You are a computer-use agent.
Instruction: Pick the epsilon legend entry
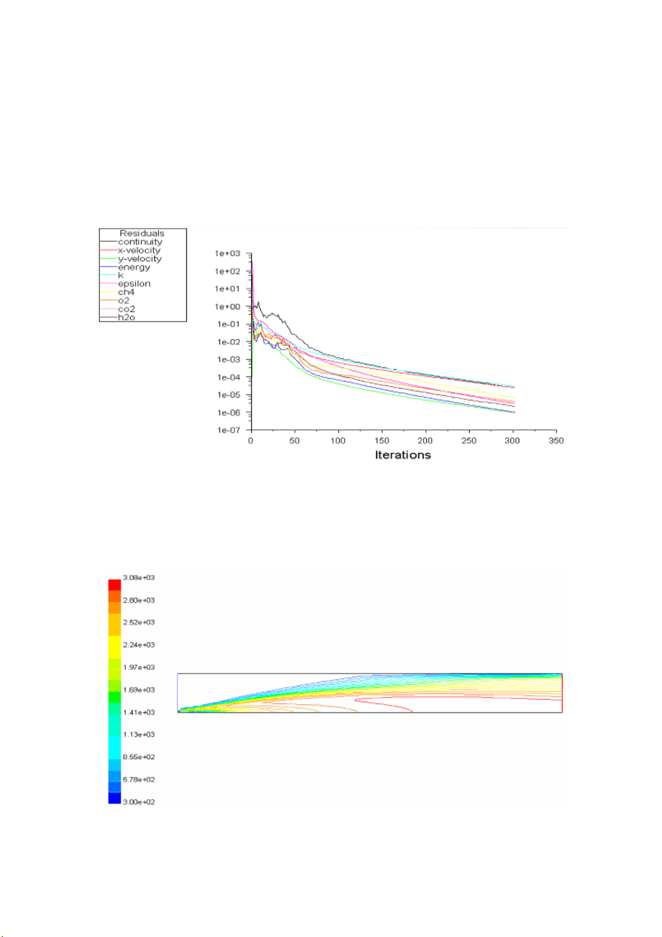tap(134, 284)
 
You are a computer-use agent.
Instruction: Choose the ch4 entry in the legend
tap(126, 292)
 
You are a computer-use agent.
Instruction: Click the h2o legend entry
tap(126, 318)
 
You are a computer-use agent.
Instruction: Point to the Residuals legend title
tap(142, 233)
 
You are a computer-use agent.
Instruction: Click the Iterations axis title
tap(403, 455)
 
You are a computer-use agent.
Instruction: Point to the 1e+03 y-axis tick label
tap(228, 254)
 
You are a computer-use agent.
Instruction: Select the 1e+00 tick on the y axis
tap(228, 306)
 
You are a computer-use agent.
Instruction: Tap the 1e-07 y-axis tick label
tap(228, 430)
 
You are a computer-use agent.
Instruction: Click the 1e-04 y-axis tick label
tap(228, 378)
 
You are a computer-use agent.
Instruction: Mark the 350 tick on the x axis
tap(556, 441)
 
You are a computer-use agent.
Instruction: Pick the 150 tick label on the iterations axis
tap(382, 441)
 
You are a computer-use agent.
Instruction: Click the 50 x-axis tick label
tap(295, 441)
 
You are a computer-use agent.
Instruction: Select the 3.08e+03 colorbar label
tap(139, 578)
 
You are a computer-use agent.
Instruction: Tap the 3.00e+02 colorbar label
tap(139, 802)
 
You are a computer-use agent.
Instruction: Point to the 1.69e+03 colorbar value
tap(139, 690)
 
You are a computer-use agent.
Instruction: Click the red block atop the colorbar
tap(115, 584)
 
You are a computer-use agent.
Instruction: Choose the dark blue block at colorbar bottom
tap(115, 798)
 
